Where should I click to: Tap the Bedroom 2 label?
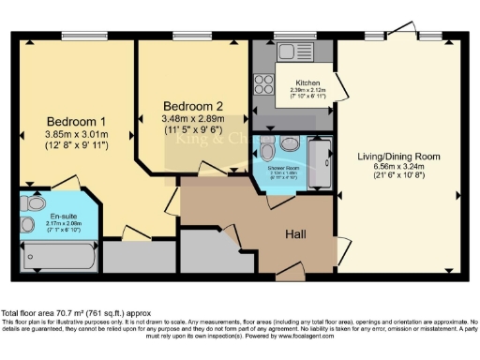(x=193, y=105)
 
